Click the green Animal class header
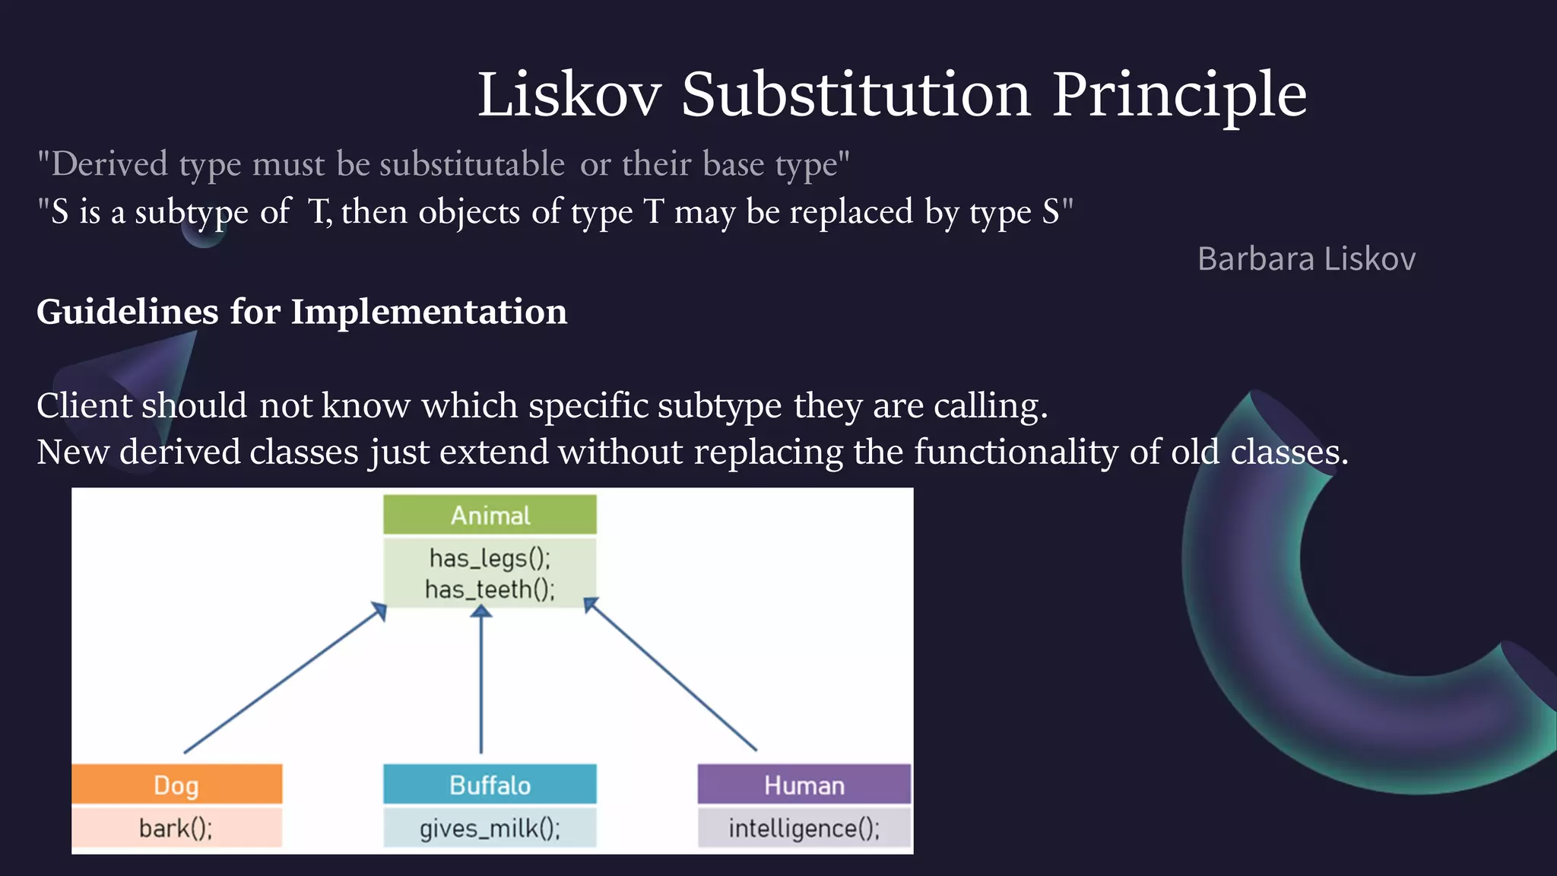(490, 516)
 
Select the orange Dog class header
(176, 785)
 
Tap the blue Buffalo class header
(490, 785)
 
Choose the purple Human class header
(804, 785)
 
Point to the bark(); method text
(176, 827)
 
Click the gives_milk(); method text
(490, 827)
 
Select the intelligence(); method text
(804, 827)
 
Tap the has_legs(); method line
(490, 558)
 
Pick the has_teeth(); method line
(490, 589)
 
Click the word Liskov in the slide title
(569, 94)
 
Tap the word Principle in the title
(1179, 94)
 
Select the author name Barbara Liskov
(1306, 259)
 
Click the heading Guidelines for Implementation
(302, 312)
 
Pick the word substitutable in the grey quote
(472, 164)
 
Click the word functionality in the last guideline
(1016, 452)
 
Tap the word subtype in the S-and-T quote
(192, 212)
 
